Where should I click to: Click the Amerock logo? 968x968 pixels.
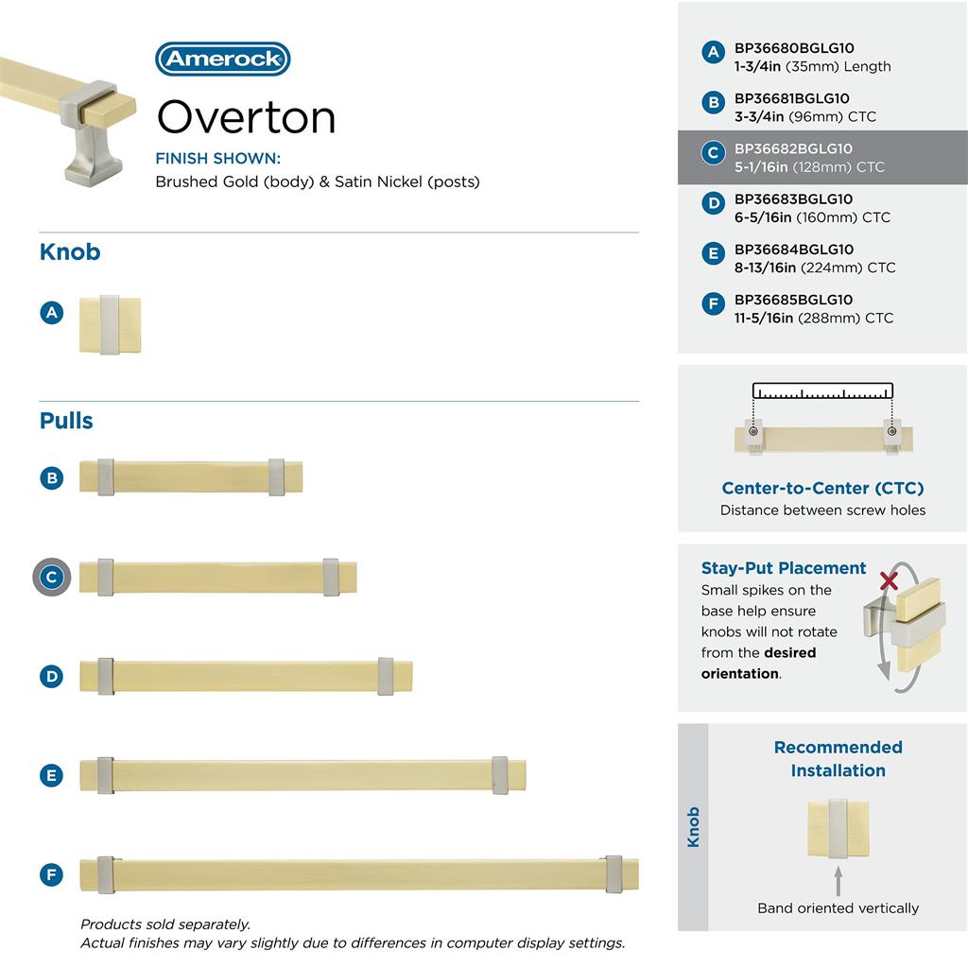[x=222, y=59]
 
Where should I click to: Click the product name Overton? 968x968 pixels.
[x=246, y=117]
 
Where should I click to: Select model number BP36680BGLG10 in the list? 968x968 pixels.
[x=794, y=48]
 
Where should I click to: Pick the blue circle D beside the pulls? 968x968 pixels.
[x=52, y=676]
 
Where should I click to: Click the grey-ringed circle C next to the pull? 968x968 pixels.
[x=52, y=577]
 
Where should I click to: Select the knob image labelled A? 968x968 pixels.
[x=110, y=326]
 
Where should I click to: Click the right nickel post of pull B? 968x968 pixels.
[x=276, y=477]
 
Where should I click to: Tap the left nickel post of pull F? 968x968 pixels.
[x=105, y=874]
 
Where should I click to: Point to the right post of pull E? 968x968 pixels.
[x=500, y=775]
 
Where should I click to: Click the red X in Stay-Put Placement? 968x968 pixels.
[x=889, y=580]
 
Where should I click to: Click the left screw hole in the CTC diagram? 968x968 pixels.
[x=753, y=432]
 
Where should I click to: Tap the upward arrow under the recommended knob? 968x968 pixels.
[x=838, y=881]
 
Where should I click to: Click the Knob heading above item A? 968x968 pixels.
[x=70, y=252]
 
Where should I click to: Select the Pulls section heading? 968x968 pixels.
[x=66, y=421]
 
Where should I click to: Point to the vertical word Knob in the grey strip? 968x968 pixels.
[x=693, y=826]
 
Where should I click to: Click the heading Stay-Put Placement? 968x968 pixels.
[x=784, y=568]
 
